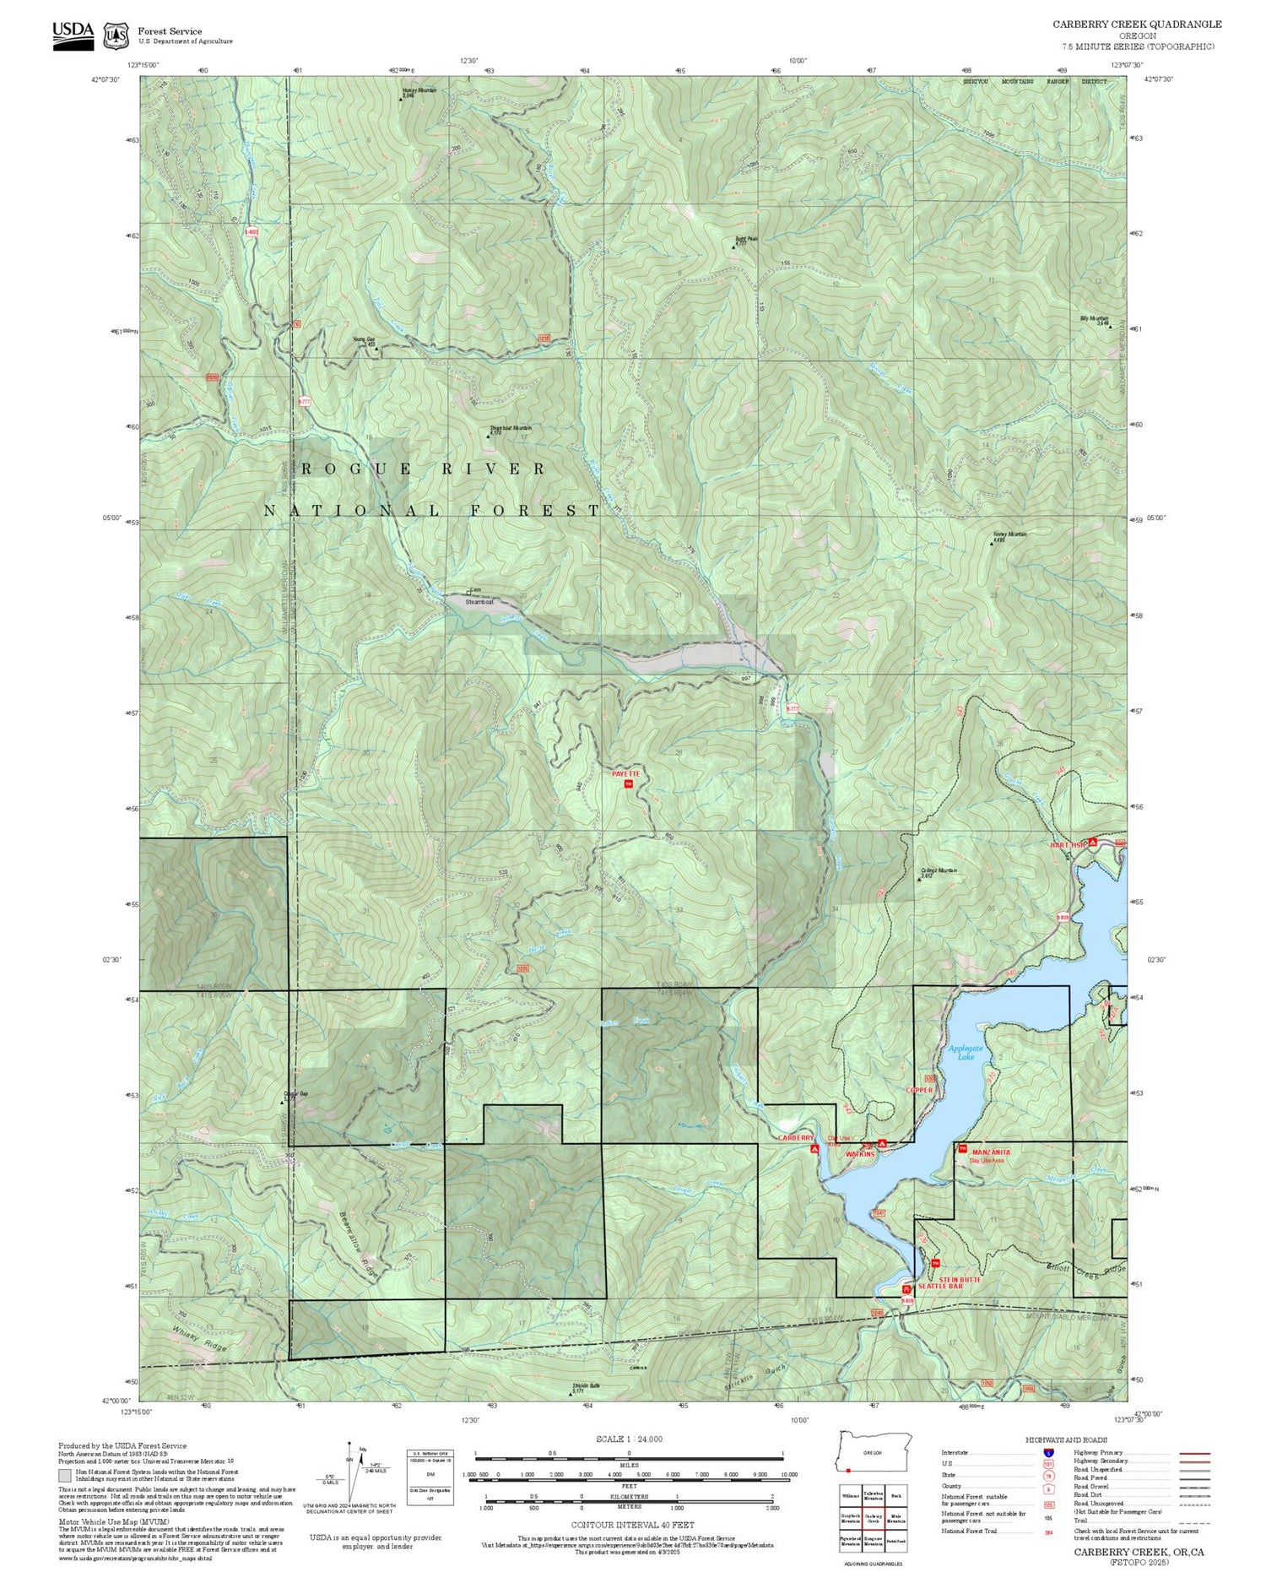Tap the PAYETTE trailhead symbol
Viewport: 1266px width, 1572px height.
(628, 784)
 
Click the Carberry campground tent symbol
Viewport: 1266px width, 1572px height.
(814, 1149)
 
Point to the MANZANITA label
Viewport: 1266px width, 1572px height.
(991, 1152)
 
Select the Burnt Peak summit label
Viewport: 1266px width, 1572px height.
(746, 240)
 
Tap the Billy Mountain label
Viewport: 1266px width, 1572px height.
(1095, 319)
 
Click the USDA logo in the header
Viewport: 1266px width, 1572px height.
(73, 35)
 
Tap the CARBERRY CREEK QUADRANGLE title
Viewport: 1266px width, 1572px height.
(1136, 24)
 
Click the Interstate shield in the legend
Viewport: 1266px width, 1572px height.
(1047, 1452)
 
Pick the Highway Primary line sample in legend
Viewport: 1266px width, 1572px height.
(1190, 1454)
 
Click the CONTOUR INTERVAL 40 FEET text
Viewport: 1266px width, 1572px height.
(632, 1525)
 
